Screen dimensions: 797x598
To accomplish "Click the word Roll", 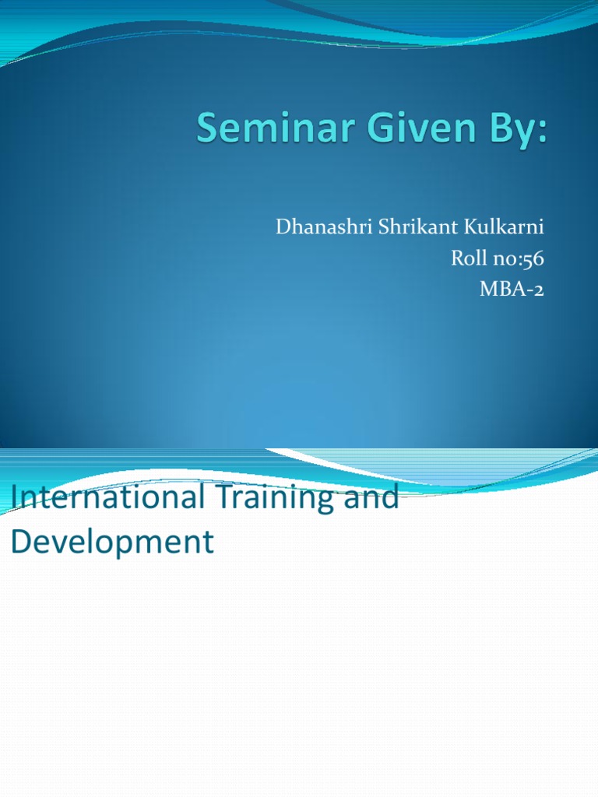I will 466,258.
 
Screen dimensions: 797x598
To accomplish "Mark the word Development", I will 111,542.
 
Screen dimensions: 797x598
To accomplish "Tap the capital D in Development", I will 20,541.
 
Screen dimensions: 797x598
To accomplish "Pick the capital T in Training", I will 214,497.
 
